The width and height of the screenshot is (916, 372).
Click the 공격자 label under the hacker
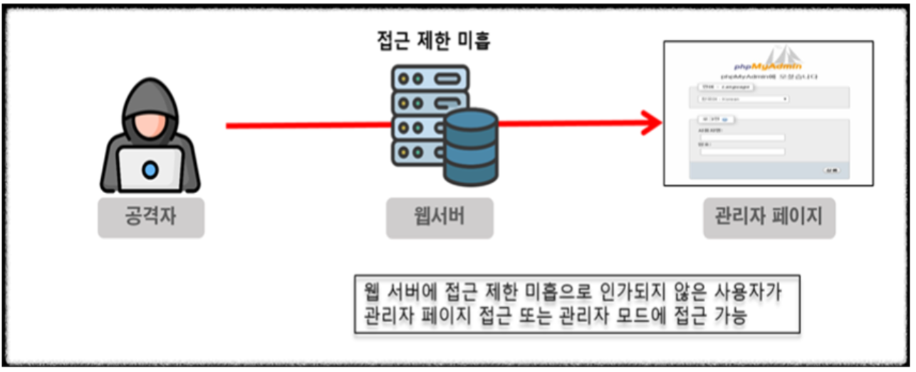pos(150,217)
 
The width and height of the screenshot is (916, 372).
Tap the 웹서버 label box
pos(439,217)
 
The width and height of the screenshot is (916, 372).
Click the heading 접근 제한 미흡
pos(434,41)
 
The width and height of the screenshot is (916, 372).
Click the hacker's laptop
pos(150,170)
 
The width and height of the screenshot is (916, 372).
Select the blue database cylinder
pos(470,145)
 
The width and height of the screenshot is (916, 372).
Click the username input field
pos(741,138)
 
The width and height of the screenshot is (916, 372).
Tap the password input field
pos(741,151)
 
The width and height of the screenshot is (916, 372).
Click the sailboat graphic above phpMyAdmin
pos(788,56)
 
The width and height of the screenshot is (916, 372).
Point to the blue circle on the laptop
pos(150,170)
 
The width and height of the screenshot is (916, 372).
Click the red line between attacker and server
pos(306,126)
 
